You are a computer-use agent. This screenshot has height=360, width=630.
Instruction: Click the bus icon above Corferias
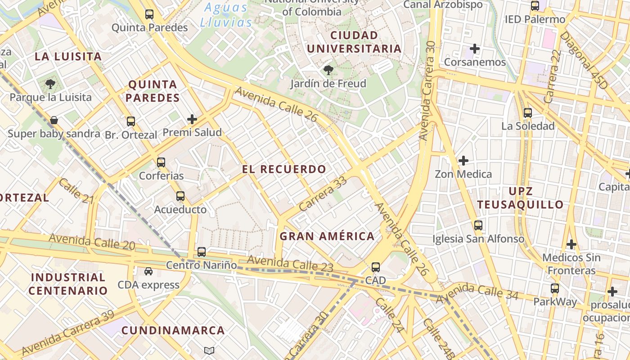coord(161,162)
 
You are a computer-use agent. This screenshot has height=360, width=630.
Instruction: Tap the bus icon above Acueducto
coord(180,196)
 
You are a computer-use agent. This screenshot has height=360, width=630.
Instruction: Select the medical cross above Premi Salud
coord(192,119)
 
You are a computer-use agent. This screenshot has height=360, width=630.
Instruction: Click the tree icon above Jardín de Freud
coord(328,70)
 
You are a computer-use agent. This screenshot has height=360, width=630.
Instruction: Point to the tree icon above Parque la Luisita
coord(50,84)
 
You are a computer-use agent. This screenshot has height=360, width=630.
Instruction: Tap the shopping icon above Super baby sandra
coord(54,120)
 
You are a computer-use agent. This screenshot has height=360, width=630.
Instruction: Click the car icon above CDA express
coord(148,271)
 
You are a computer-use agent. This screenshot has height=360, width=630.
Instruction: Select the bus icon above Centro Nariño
coord(202,252)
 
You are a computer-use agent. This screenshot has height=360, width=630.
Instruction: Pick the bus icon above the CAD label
coord(376,267)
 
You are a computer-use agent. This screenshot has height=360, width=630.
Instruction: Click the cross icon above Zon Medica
coord(463,161)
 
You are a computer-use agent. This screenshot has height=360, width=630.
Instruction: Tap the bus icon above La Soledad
coord(528,113)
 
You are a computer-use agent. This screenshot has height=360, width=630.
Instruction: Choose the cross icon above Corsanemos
coord(475,49)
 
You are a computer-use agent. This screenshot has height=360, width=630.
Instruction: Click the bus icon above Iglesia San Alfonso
coord(478,225)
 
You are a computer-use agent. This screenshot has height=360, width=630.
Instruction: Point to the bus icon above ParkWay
coord(555,288)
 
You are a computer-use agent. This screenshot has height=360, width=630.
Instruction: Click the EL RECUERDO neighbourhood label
coord(284,170)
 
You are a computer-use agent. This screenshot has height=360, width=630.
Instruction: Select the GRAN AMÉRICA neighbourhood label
coord(327,236)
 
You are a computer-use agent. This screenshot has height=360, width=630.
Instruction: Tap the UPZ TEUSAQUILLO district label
coord(520,198)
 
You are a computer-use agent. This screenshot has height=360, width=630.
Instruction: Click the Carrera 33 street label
coord(323,194)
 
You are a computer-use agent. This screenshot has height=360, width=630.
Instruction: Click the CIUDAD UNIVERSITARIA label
coord(354,42)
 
